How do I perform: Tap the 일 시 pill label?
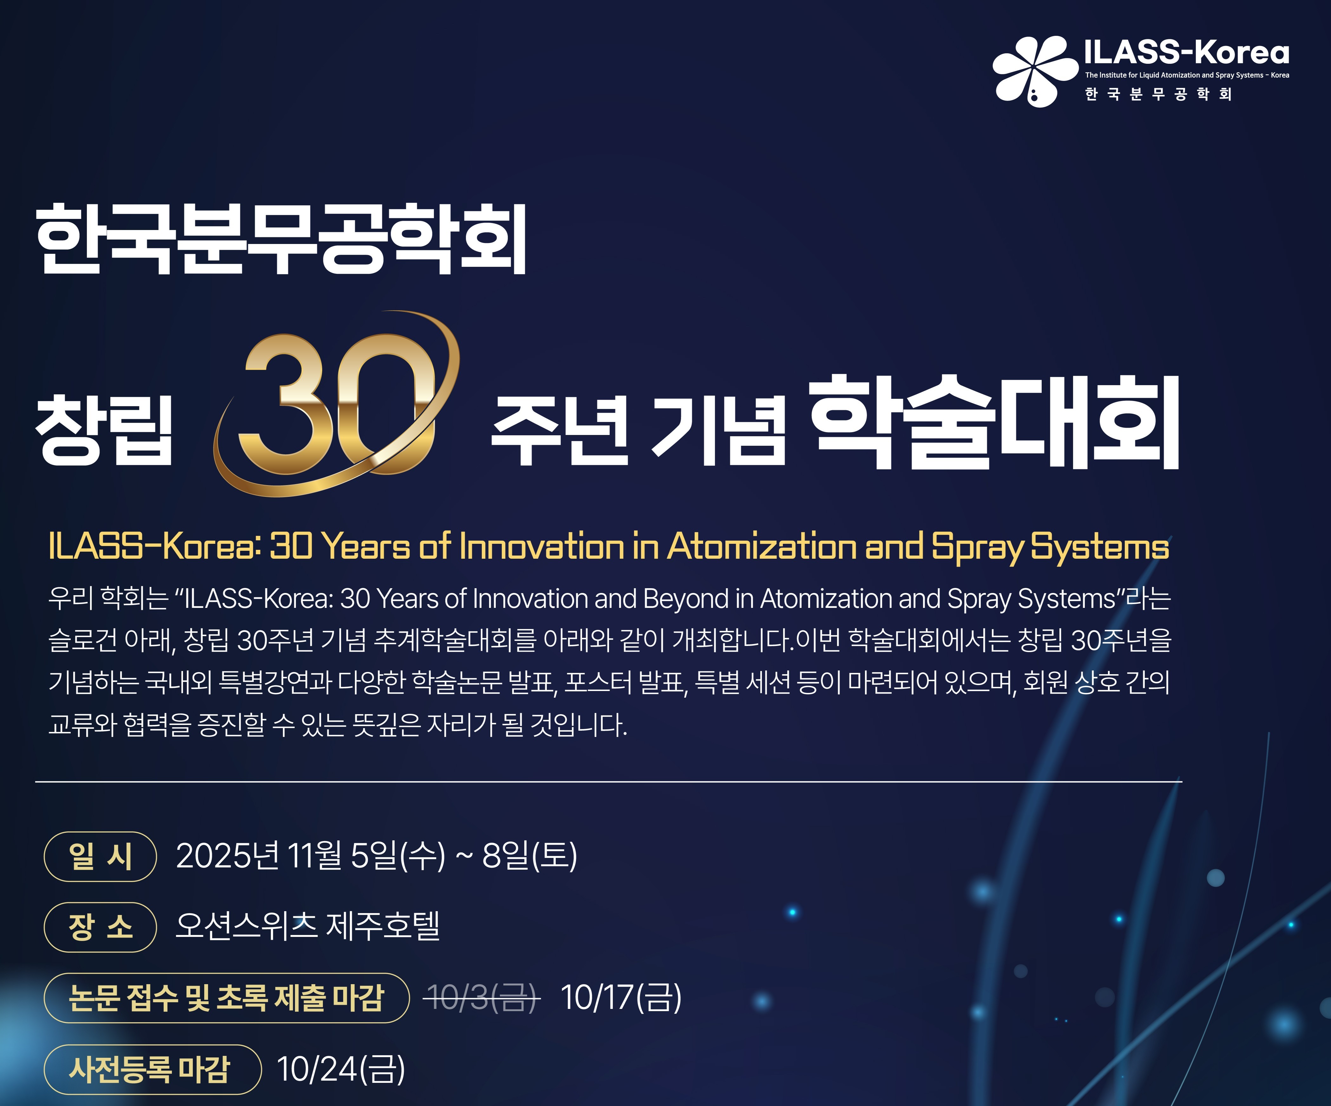pos(100,856)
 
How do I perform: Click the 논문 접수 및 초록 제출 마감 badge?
pos(226,997)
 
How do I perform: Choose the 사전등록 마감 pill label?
pos(152,1069)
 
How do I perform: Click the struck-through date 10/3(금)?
pos(482,997)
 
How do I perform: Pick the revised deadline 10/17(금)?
pos(621,997)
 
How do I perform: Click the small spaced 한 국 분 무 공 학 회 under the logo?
pos(1159,95)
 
